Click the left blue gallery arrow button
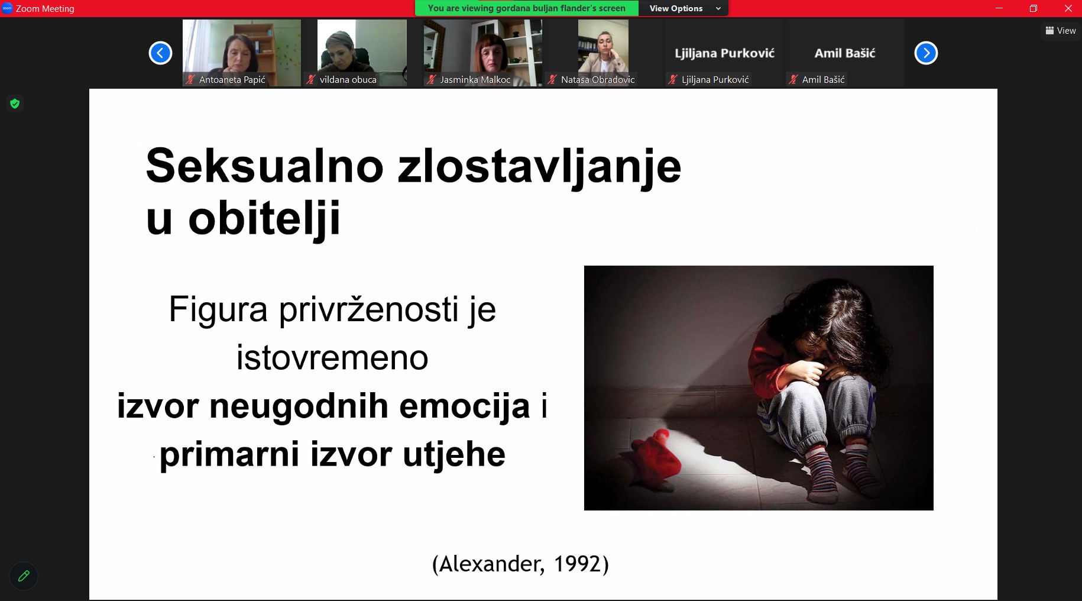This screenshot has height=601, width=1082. pyautogui.click(x=160, y=53)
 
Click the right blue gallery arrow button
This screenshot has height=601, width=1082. pyautogui.click(x=926, y=53)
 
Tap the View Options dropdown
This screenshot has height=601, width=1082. pyautogui.click(x=684, y=8)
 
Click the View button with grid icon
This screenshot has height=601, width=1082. pyautogui.click(x=1061, y=31)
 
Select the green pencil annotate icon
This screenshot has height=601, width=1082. pyautogui.click(x=24, y=576)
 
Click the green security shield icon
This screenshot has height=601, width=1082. pyautogui.click(x=15, y=104)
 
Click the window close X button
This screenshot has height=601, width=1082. pyautogui.click(x=1068, y=8)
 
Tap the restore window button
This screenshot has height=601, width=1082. pyautogui.click(x=1034, y=8)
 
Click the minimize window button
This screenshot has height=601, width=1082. pyautogui.click(x=999, y=8)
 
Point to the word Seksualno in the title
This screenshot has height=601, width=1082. pyautogui.click(x=265, y=166)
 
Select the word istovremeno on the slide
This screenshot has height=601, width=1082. pyautogui.click(x=332, y=358)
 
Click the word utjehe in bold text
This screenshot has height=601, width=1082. pyautogui.click(x=454, y=455)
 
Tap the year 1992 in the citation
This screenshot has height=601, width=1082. pyautogui.click(x=577, y=564)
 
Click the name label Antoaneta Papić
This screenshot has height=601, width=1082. pyautogui.click(x=232, y=79)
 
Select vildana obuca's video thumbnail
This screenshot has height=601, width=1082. pyautogui.click(x=362, y=53)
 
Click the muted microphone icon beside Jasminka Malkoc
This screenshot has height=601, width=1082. pyautogui.click(x=432, y=79)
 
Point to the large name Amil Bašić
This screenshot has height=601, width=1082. pyautogui.click(x=845, y=53)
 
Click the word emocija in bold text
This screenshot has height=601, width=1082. pyautogui.click(x=465, y=407)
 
